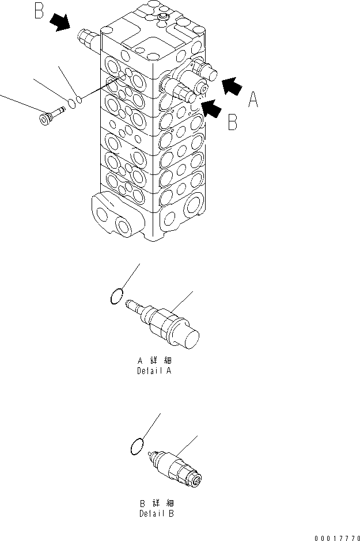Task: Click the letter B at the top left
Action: coord(39,12)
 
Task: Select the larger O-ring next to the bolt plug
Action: coord(70,104)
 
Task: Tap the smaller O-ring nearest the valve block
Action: coord(79,100)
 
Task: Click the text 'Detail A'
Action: coord(154,371)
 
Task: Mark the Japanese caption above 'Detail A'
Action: coord(154,361)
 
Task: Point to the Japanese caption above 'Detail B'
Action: coord(154,502)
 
